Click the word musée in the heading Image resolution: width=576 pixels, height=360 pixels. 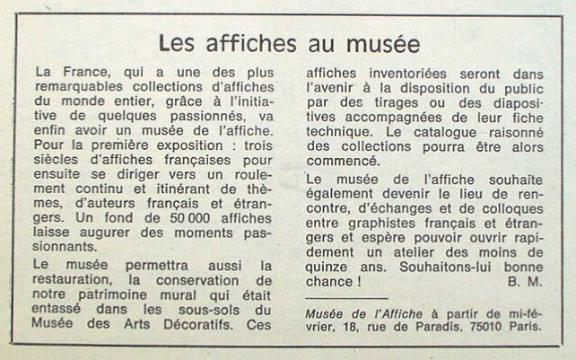click(377, 42)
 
